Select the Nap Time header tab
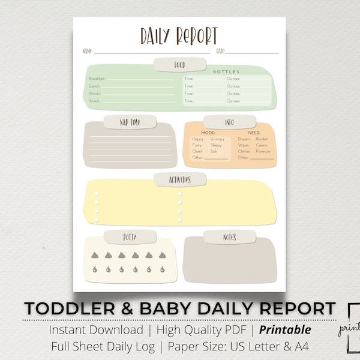130,122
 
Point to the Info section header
229,122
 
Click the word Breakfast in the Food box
98,79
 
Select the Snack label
95,101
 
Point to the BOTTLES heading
226,72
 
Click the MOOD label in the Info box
208,133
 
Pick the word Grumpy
217,139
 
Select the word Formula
263,151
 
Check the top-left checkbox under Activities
97,194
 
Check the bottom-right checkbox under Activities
179,221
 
